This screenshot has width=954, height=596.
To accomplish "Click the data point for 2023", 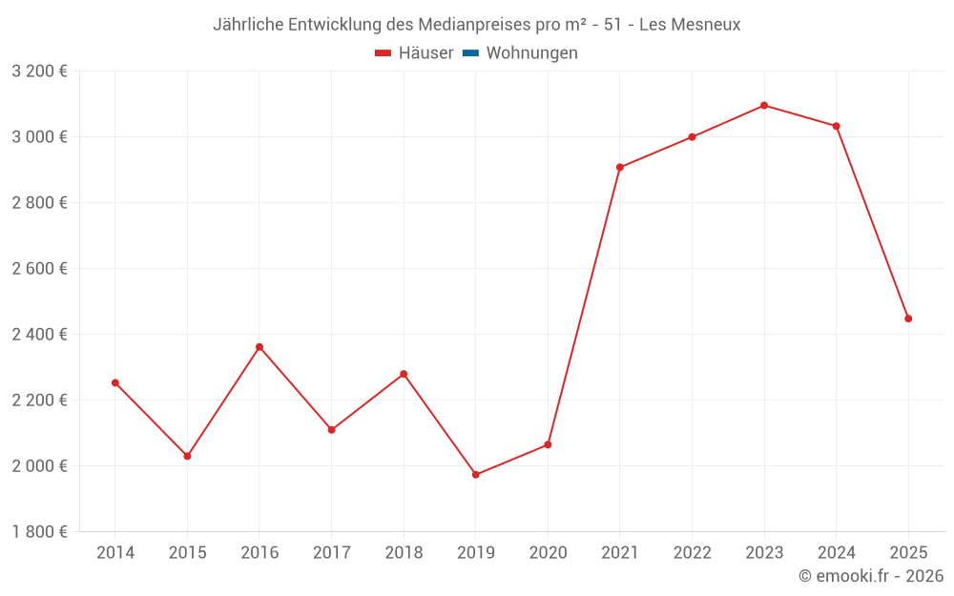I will [x=764, y=105].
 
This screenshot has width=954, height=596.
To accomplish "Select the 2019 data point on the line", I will [x=476, y=475].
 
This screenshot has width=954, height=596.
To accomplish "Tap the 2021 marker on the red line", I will [x=620, y=167].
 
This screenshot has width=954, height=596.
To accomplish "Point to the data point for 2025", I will [x=908, y=319].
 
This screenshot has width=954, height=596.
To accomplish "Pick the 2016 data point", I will [x=259, y=347].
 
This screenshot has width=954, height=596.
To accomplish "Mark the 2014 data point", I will [x=115, y=382].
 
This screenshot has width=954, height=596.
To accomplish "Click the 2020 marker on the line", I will [x=548, y=444].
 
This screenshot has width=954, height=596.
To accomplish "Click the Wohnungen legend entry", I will [x=531, y=53].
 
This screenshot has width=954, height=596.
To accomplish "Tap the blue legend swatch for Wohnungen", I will [x=470, y=53].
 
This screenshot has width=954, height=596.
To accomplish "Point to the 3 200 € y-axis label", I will [x=39, y=72].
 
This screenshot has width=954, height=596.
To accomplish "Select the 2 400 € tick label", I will [x=39, y=335].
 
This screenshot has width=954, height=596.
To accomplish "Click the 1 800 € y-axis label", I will [x=39, y=532].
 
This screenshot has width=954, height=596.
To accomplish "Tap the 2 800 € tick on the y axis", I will [x=39, y=203].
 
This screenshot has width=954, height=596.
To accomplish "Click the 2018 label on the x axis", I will [x=404, y=553].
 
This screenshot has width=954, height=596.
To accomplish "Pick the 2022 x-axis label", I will [x=692, y=553].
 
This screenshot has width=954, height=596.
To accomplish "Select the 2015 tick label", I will [x=187, y=553].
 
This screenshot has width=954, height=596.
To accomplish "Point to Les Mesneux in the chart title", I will [x=690, y=25].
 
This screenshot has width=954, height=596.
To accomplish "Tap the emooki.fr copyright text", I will [x=871, y=576].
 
